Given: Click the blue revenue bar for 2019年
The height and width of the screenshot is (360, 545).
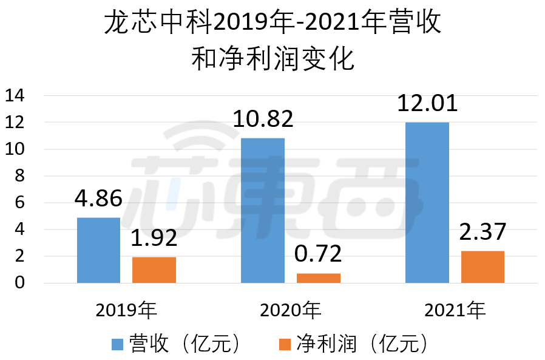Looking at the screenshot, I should (x=98, y=250).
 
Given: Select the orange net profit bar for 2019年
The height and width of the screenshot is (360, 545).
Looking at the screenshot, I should (x=154, y=270).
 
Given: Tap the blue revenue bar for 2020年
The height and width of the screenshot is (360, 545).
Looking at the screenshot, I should (x=263, y=210).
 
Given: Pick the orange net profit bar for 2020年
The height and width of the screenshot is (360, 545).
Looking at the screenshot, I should (x=318, y=278).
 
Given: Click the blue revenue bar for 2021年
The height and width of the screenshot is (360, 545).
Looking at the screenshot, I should (x=427, y=202).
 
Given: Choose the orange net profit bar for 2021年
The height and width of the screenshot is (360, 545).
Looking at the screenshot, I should (x=482, y=267).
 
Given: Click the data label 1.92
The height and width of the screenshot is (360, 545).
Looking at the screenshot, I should (x=154, y=239).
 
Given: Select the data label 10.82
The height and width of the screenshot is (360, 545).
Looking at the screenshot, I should (x=263, y=119).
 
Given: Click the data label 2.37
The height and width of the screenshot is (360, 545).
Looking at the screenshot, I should (x=482, y=233).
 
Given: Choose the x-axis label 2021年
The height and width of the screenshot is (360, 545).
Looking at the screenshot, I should (x=455, y=311).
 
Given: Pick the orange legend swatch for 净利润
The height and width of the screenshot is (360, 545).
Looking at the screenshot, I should (x=286, y=344).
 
